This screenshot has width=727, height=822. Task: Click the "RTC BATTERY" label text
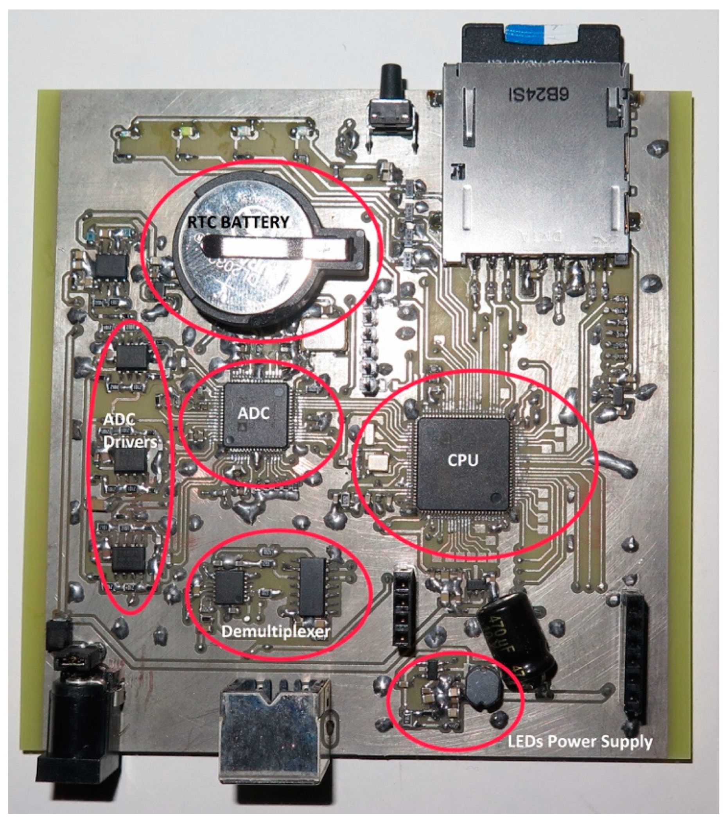(239, 222)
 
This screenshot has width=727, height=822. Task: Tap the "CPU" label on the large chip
(463, 460)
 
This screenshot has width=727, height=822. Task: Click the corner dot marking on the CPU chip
(497, 497)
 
